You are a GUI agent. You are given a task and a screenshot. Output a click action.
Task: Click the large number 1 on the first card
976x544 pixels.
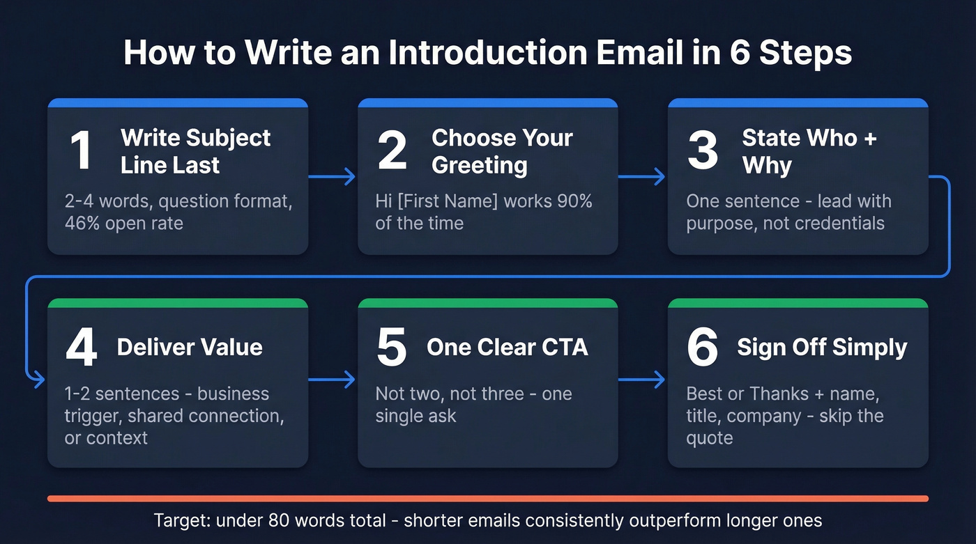81,151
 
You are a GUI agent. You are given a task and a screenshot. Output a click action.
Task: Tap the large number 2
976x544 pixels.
392,151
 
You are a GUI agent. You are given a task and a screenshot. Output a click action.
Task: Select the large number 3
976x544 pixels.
702,151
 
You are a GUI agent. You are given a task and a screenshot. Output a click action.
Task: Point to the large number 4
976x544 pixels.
81,348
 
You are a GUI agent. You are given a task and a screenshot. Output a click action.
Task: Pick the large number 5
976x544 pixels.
391,348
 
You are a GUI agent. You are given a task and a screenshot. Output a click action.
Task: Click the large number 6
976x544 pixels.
702,348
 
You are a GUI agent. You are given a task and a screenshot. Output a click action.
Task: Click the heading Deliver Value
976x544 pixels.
190,347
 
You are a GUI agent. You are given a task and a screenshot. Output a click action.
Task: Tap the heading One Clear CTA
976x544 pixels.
508,347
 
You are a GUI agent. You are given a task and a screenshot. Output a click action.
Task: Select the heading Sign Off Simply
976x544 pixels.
822,347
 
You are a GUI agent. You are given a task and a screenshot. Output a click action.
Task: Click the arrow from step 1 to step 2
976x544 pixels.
333,178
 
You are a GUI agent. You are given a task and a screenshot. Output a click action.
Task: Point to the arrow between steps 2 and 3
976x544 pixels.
642,178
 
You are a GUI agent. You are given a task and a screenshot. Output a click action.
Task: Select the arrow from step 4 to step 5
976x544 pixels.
333,380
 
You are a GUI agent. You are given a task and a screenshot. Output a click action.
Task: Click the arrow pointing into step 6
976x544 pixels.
642,380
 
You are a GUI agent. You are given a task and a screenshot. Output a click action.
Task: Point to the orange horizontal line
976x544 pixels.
488,499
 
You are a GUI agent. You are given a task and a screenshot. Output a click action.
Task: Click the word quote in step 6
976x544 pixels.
710,438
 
